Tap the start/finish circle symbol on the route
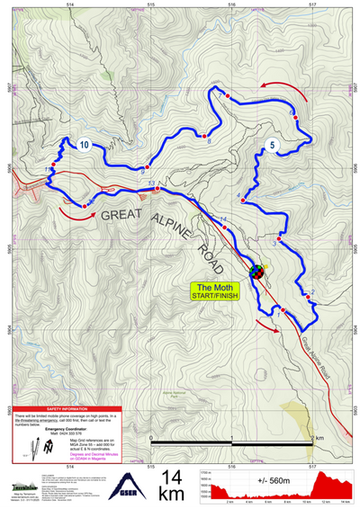pyautogui.click(x=256, y=271)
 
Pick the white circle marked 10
pyautogui.click(x=84, y=144)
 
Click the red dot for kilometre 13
pyautogui.click(x=157, y=189)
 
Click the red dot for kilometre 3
pyautogui.click(x=280, y=238)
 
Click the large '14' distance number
pyautogui.click(x=175, y=477)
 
